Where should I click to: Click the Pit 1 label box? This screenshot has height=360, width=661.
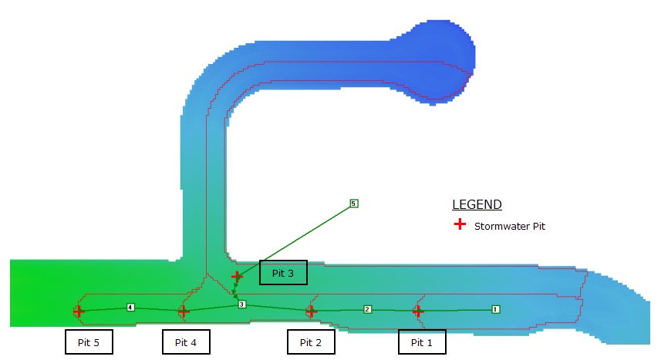pos(422,342)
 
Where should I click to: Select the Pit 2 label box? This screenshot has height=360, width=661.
pos(311,342)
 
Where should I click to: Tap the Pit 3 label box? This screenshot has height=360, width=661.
pos(283,273)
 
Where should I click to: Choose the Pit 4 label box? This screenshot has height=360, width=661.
pos(186,342)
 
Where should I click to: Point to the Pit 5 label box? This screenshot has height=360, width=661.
pos(89,342)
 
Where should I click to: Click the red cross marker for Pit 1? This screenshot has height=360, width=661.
pos(417,311)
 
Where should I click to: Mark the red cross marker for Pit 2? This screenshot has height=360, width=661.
pos(311,311)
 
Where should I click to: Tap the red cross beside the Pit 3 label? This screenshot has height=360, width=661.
pos(237,276)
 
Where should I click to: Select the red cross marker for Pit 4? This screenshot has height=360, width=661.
pos(184,311)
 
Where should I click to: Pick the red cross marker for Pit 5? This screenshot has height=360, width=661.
pos(79,311)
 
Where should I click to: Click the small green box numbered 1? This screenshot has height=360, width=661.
pos(495,309)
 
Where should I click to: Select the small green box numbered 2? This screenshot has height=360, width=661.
pos(367,309)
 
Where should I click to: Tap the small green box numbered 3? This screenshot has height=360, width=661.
pos(241,304)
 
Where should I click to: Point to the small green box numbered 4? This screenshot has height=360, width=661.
pos(130,308)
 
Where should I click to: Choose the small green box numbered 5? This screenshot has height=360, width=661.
pos(353,204)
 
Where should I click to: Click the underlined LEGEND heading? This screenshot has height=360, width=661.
pos(477,205)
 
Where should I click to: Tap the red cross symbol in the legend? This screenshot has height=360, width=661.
pos(460,224)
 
